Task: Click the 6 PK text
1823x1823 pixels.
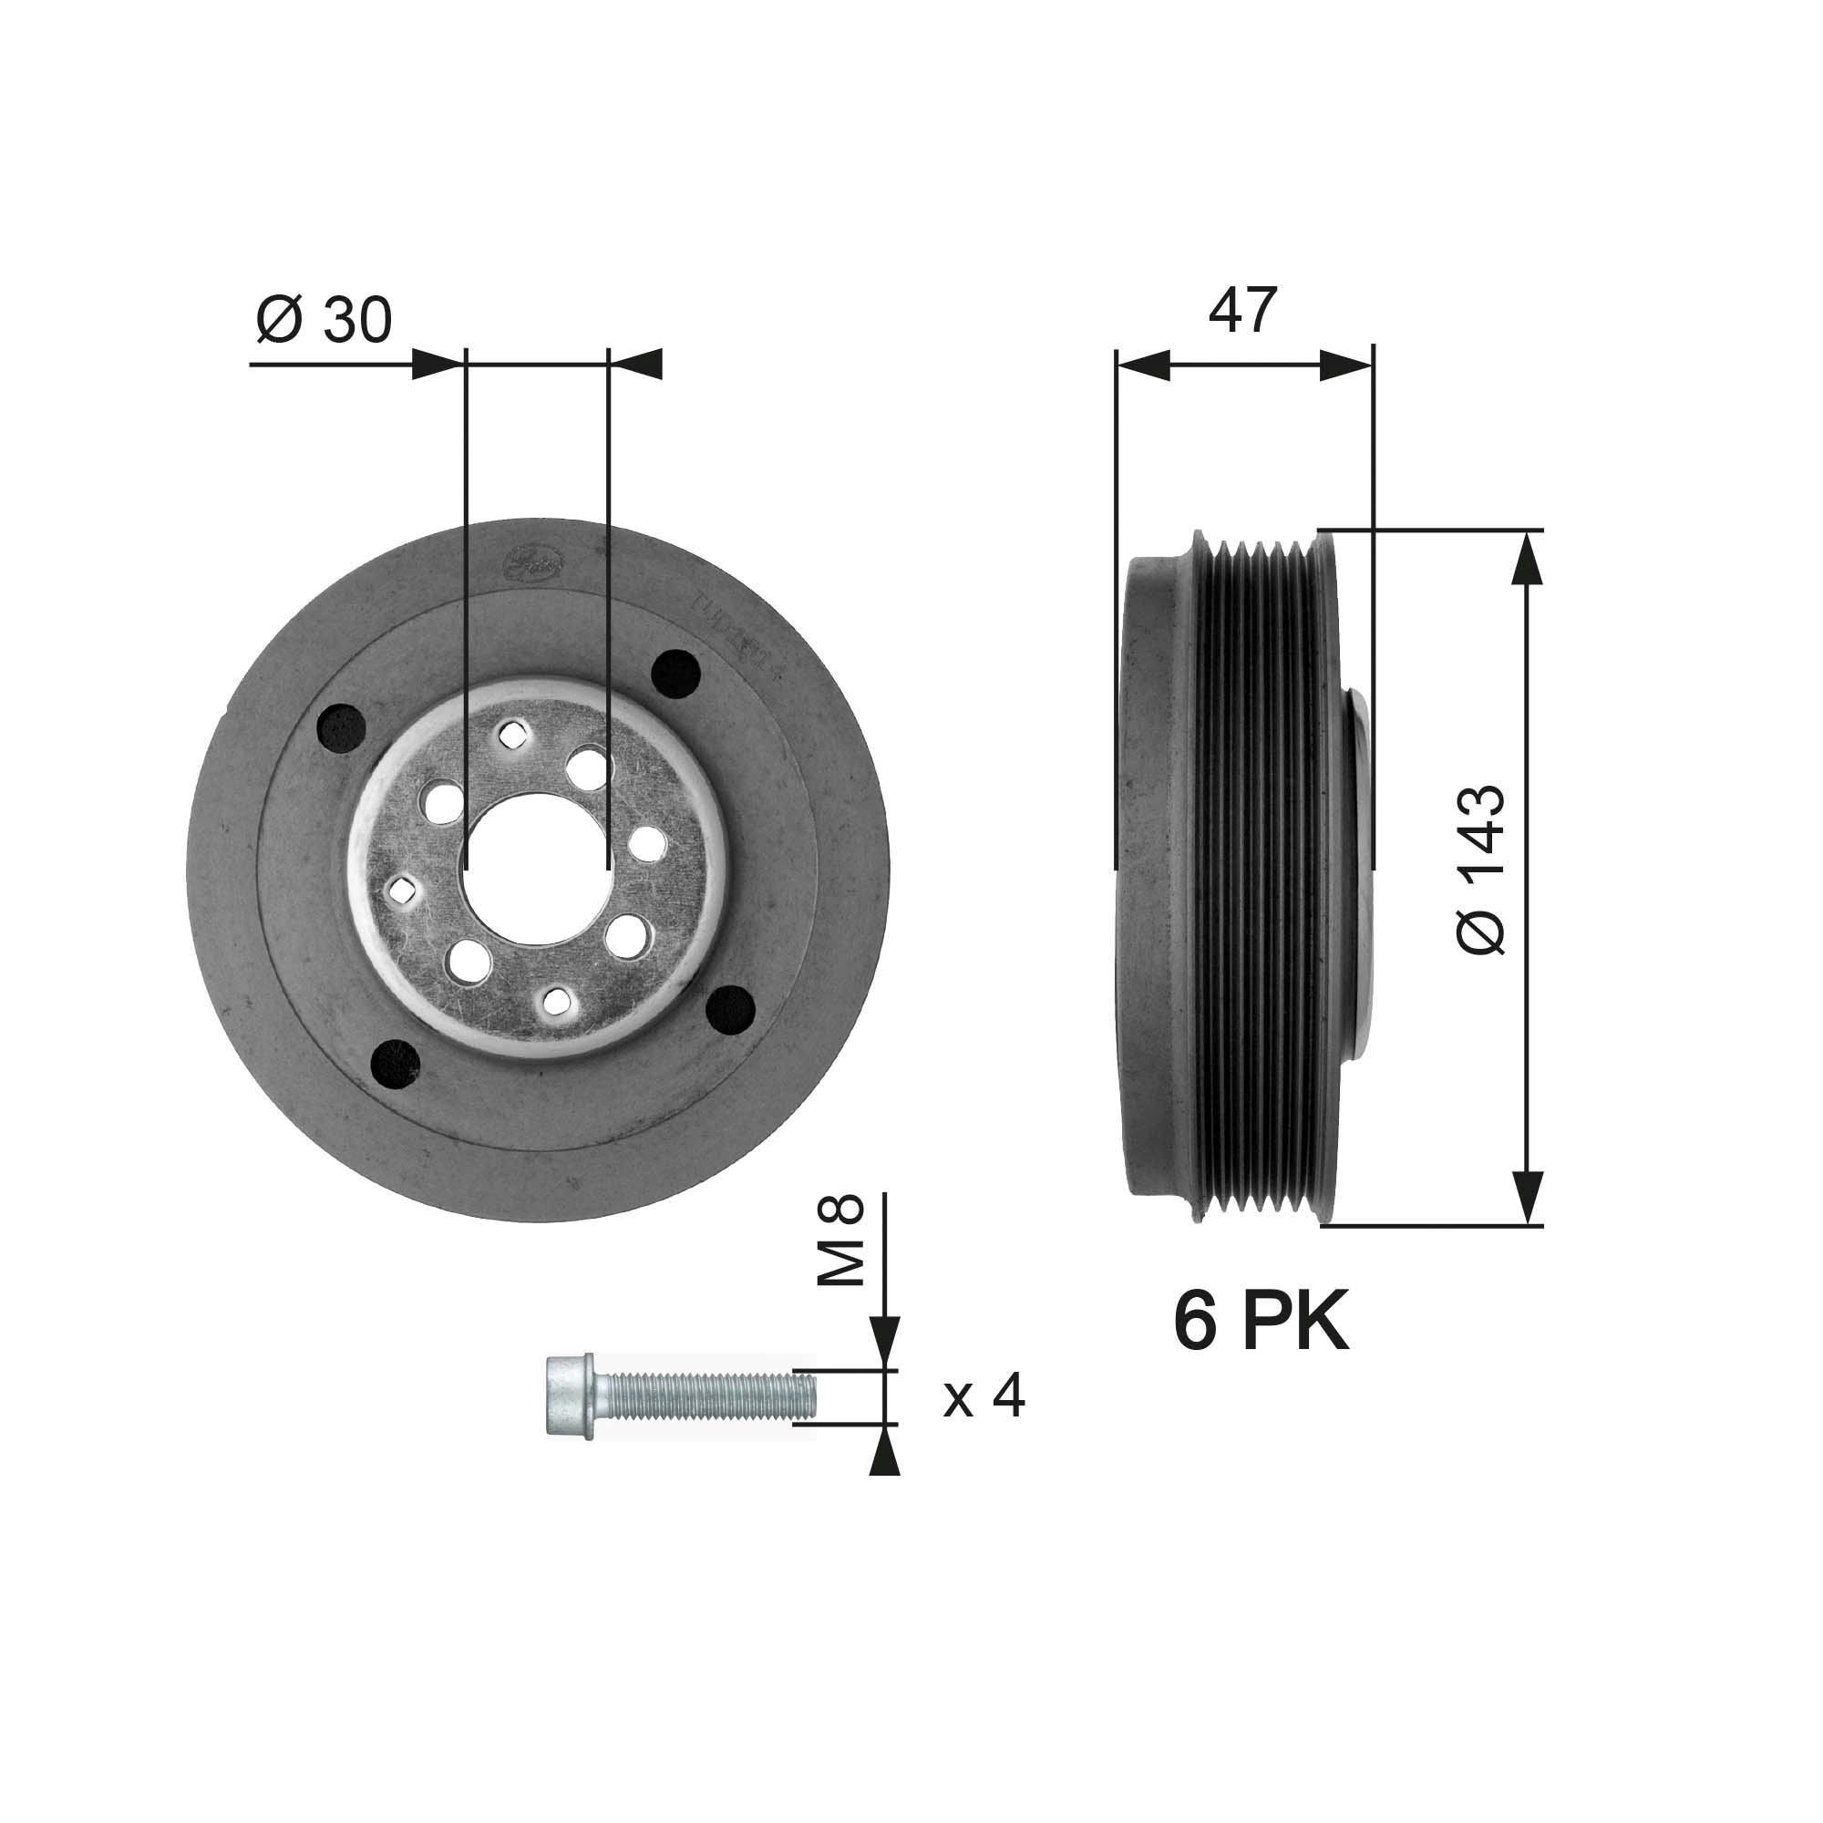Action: click(1261, 1322)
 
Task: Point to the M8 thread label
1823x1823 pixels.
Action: click(840, 1240)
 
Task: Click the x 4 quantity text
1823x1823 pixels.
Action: click(984, 1396)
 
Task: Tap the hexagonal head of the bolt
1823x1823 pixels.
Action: click(570, 1396)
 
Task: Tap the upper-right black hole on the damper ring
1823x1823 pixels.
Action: click(675, 674)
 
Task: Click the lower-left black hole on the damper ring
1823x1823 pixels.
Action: click(397, 1063)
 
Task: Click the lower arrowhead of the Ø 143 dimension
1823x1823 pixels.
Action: click(1528, 1199)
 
